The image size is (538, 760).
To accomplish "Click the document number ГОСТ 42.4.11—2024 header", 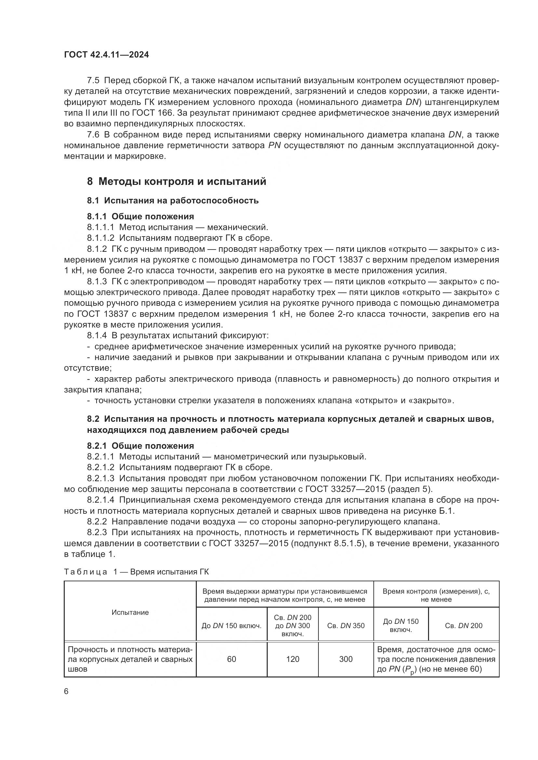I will coord(106,55).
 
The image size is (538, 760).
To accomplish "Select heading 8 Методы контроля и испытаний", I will coord(177,181).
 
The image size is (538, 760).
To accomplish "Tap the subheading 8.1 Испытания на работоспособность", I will coord(173,200).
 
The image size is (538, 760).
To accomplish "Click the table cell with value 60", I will coord(232,659).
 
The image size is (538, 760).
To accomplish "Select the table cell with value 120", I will coord(292,659).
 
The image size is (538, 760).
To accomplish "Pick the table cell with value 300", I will coord(345,659).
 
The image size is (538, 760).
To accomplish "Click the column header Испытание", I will coord(130,612).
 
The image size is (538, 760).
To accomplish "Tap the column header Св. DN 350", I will coord(345,625).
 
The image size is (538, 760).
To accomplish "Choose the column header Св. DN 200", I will coord(464,625).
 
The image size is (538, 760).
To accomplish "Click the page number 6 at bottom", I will coord(66,691).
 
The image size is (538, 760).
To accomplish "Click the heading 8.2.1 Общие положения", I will coord(141,445).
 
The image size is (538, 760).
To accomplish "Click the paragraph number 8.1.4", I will coord(97,336).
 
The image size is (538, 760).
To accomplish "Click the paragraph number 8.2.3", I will coord(97,532).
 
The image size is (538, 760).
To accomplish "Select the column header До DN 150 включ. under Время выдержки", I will coord(232,625).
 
